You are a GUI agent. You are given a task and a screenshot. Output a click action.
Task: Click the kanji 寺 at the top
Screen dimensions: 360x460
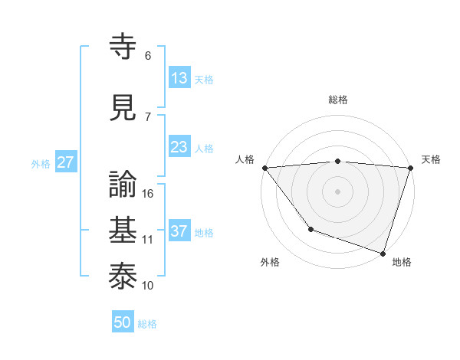click(x=124, y=47)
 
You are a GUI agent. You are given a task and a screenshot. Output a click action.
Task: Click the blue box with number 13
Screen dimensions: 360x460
click(x=179, y=78)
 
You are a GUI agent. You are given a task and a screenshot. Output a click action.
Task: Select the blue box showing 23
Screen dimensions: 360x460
click(x=179, y=147)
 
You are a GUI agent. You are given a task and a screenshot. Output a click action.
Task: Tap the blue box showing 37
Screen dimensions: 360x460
click(x=179, y=231)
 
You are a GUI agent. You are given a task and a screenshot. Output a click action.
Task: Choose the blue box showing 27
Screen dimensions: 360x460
click(x=65, y=162)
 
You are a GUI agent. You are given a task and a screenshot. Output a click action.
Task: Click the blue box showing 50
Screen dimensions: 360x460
click(x=123, y=322)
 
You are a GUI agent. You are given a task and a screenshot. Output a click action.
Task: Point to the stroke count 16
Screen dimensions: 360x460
click(x=149, y=194)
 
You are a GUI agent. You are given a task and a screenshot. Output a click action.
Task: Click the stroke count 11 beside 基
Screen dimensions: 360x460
click(x=148, y=240)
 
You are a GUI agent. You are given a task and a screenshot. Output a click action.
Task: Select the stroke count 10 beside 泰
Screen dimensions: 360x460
click(x=148, y=285)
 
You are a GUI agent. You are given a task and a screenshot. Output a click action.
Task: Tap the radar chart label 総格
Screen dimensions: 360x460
click(x=338, y=100)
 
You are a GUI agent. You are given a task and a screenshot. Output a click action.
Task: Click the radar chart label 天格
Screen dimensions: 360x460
click(x=432, y=159)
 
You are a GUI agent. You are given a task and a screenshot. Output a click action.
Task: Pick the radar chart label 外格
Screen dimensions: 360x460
click(x=270, y=262)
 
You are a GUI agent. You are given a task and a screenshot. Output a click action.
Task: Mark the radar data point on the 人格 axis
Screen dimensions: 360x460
click(x=264, y=168)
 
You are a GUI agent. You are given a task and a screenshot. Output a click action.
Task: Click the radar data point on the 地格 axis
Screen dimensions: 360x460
click(x=382, y=252)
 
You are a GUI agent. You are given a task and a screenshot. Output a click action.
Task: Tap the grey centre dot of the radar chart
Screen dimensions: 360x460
click(x=338, y=191)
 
